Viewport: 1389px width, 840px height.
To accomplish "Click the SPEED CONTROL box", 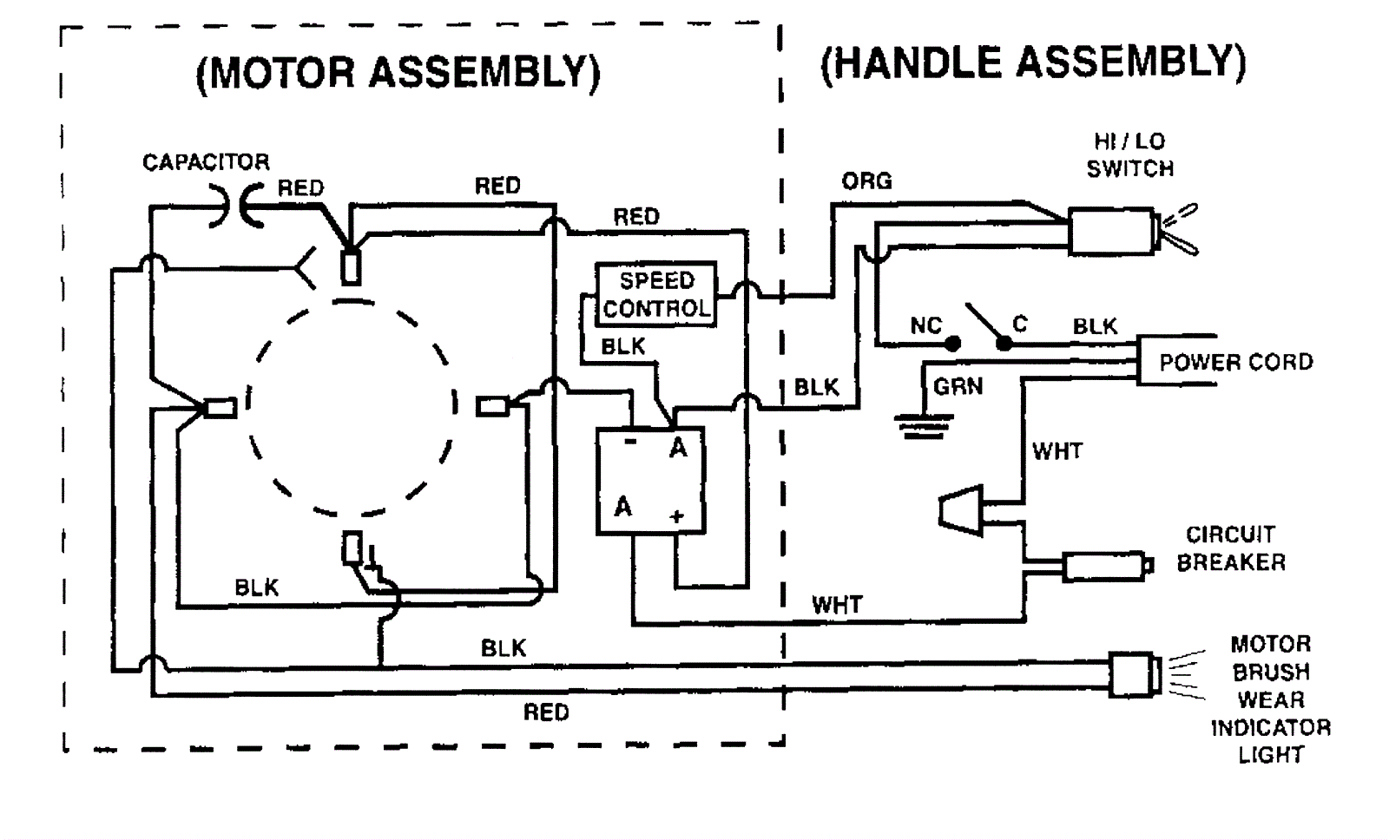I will [656, 294].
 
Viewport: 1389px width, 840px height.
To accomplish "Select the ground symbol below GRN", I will [923, 425].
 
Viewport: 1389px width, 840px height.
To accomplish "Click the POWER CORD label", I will [1235, 362].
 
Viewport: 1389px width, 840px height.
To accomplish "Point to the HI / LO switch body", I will [1110, 231].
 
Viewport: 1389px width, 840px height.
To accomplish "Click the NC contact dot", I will [952, 344].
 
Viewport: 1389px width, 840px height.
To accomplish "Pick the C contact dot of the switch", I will [1004, 344].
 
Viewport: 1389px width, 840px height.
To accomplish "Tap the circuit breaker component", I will [1104, 567].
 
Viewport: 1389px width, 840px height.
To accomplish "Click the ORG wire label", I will [866, 181].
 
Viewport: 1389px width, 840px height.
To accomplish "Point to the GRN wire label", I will [958, 386].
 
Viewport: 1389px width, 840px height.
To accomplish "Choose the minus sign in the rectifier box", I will [630, 443].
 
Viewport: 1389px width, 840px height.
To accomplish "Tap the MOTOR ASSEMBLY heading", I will [398, 73].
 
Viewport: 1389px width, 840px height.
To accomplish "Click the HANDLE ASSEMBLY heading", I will [1032, 62].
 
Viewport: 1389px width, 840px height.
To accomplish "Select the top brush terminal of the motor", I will [351, 267].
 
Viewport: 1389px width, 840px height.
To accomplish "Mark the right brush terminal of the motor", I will [492, 405].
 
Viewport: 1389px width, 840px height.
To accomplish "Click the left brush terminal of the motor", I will [221, 407].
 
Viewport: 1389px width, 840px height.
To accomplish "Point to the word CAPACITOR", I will [206, 162].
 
